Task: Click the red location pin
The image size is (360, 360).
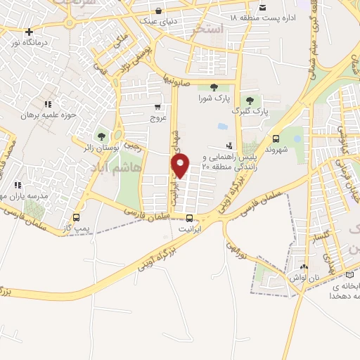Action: pos(181,166)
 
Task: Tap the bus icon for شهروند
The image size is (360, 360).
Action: pos(275,139)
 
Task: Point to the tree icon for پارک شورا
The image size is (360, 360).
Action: pos(214,87)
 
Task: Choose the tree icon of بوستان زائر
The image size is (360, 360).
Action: pos(102,136)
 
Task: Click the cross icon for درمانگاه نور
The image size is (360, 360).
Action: pos(29,32)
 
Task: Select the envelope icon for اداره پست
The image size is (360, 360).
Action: pos(262,7)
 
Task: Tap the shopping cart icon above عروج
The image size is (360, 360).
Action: pos(157,108)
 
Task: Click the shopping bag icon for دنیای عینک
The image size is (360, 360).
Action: pos(161,11)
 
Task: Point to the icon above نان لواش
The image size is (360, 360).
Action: pos(303,267)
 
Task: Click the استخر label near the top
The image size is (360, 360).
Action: pos(211,29)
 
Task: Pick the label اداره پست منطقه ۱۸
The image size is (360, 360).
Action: pos(284,17)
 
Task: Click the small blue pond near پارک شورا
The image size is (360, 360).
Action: pos(222,127)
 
